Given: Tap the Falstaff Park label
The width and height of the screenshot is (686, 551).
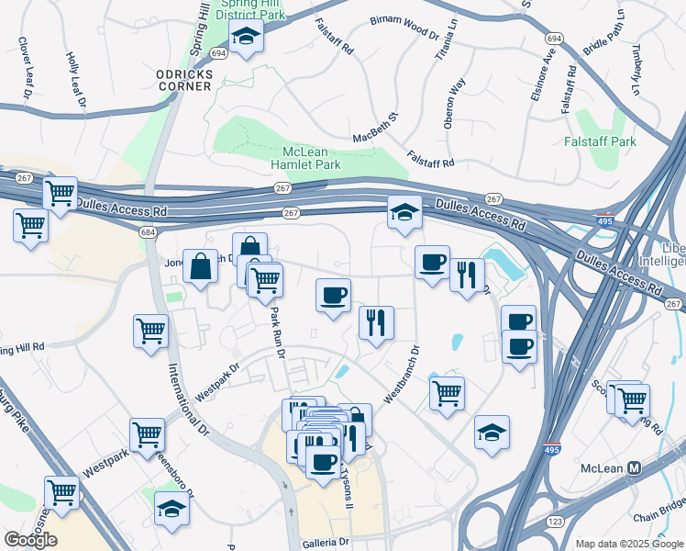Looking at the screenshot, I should pyautogui.click(x=625, y=141).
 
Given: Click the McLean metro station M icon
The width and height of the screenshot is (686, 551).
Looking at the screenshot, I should pyautogui.click(x=633, y=468).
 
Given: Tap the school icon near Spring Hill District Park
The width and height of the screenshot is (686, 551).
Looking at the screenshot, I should pyautogui.click(x=246, y=36).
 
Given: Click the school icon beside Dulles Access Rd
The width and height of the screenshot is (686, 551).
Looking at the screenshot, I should pyautogui.click(x=404, y=213).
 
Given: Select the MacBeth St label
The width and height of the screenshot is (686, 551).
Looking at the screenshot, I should pyautogui.click(x=377, y=129).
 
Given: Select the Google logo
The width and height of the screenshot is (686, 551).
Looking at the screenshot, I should pyautogui.click(x=30, y=539).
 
